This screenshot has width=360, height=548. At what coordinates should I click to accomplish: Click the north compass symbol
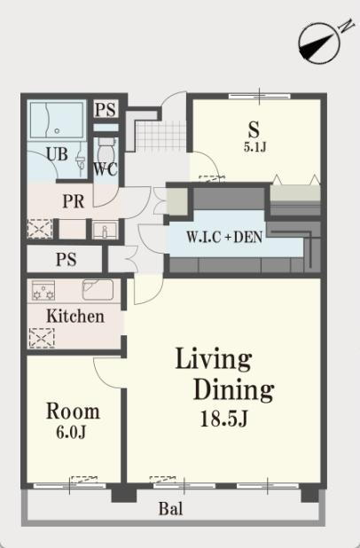pos(319,43)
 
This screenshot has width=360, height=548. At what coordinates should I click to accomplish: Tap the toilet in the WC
pos(106,150)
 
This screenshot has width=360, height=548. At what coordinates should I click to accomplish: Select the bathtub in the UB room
pos(57,120)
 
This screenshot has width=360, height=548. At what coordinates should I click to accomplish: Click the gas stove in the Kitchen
pos(43,291)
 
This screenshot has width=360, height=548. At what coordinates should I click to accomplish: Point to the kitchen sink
pos(98,290)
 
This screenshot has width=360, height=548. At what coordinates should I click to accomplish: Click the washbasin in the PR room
pos(105,231)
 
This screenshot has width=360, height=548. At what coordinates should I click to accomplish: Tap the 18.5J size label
pos(224,419)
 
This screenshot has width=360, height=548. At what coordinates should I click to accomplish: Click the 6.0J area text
pos(71,433)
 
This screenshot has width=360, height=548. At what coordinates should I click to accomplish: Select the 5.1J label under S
pos(255,147)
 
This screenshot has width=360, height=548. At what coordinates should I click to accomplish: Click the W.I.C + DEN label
pos(224,238)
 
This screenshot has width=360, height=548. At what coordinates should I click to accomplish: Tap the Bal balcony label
pos(170,509)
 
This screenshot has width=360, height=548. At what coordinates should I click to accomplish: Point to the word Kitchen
pos(75,317)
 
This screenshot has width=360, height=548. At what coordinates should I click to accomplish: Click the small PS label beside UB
pos(106,109)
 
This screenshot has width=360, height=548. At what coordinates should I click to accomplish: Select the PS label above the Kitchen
pos(66,260)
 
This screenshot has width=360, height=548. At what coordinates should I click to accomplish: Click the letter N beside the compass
pos(345,27)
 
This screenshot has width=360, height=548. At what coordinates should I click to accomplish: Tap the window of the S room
pos(259,96)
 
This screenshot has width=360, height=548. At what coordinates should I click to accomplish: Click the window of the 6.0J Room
pos(69,486)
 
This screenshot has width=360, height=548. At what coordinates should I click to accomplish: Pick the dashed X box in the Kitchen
pos(42,339)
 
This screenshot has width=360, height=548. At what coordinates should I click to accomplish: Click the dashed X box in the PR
pos(40,229)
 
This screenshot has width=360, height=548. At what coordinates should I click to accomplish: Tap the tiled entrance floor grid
pos(160,135)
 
